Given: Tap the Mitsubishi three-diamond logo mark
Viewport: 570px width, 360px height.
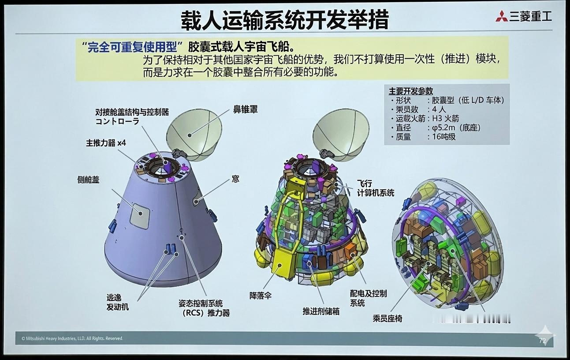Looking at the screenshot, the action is click(501, 17).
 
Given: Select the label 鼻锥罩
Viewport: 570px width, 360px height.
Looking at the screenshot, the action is click(245, 109).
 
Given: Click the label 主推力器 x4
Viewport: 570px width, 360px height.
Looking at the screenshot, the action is click(106, 143).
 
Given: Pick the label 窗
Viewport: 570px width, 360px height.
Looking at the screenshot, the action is click(236, 179).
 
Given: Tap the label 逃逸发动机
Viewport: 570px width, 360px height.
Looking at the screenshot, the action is click(118, 302).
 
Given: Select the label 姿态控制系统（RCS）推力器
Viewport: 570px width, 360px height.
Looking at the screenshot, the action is click(204, 308).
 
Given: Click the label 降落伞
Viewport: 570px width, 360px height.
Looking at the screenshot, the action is click(260, 295).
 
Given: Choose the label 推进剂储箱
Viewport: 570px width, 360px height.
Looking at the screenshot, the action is click(321, 311).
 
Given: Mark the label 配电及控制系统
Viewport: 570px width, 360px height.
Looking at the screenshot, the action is click(368, 298).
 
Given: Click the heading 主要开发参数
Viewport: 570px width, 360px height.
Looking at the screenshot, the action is click(410, 91).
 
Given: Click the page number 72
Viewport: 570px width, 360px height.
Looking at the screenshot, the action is click(542, 341).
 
